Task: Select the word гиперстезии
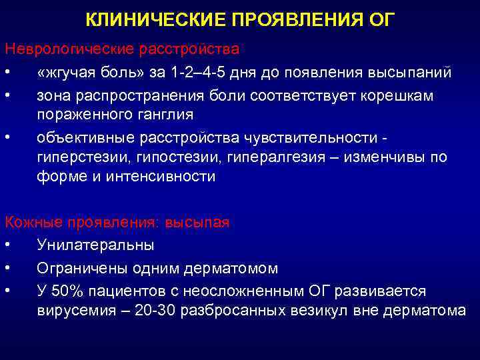(81, 157)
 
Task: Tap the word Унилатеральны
(95, 245)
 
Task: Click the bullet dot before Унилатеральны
(7, 245)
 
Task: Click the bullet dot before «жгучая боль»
(7, 72)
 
